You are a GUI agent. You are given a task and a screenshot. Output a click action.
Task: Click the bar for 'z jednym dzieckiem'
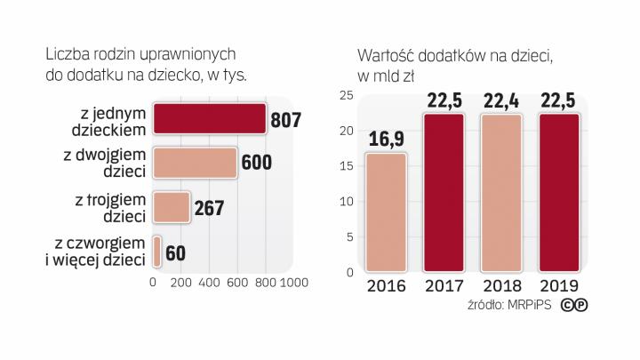[x=210, y=119]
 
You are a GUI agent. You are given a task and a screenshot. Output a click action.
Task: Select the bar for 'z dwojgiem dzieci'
[x=195, y=163]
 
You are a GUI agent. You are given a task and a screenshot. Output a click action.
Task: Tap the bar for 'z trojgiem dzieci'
[x=172, y=207]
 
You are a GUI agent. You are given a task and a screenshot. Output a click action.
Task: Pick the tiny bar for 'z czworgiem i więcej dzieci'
[x=157, y=252]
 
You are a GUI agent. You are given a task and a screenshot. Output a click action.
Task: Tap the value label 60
[x=175, y=252]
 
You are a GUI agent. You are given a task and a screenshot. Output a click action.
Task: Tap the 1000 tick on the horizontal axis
[x=292, y=282]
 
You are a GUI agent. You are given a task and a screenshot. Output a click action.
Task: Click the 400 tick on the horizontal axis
[x=209, y=282]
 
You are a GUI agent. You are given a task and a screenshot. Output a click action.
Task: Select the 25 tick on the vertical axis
[x=348, y=96]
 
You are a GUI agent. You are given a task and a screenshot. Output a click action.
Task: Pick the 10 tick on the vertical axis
[x=348, y=201]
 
